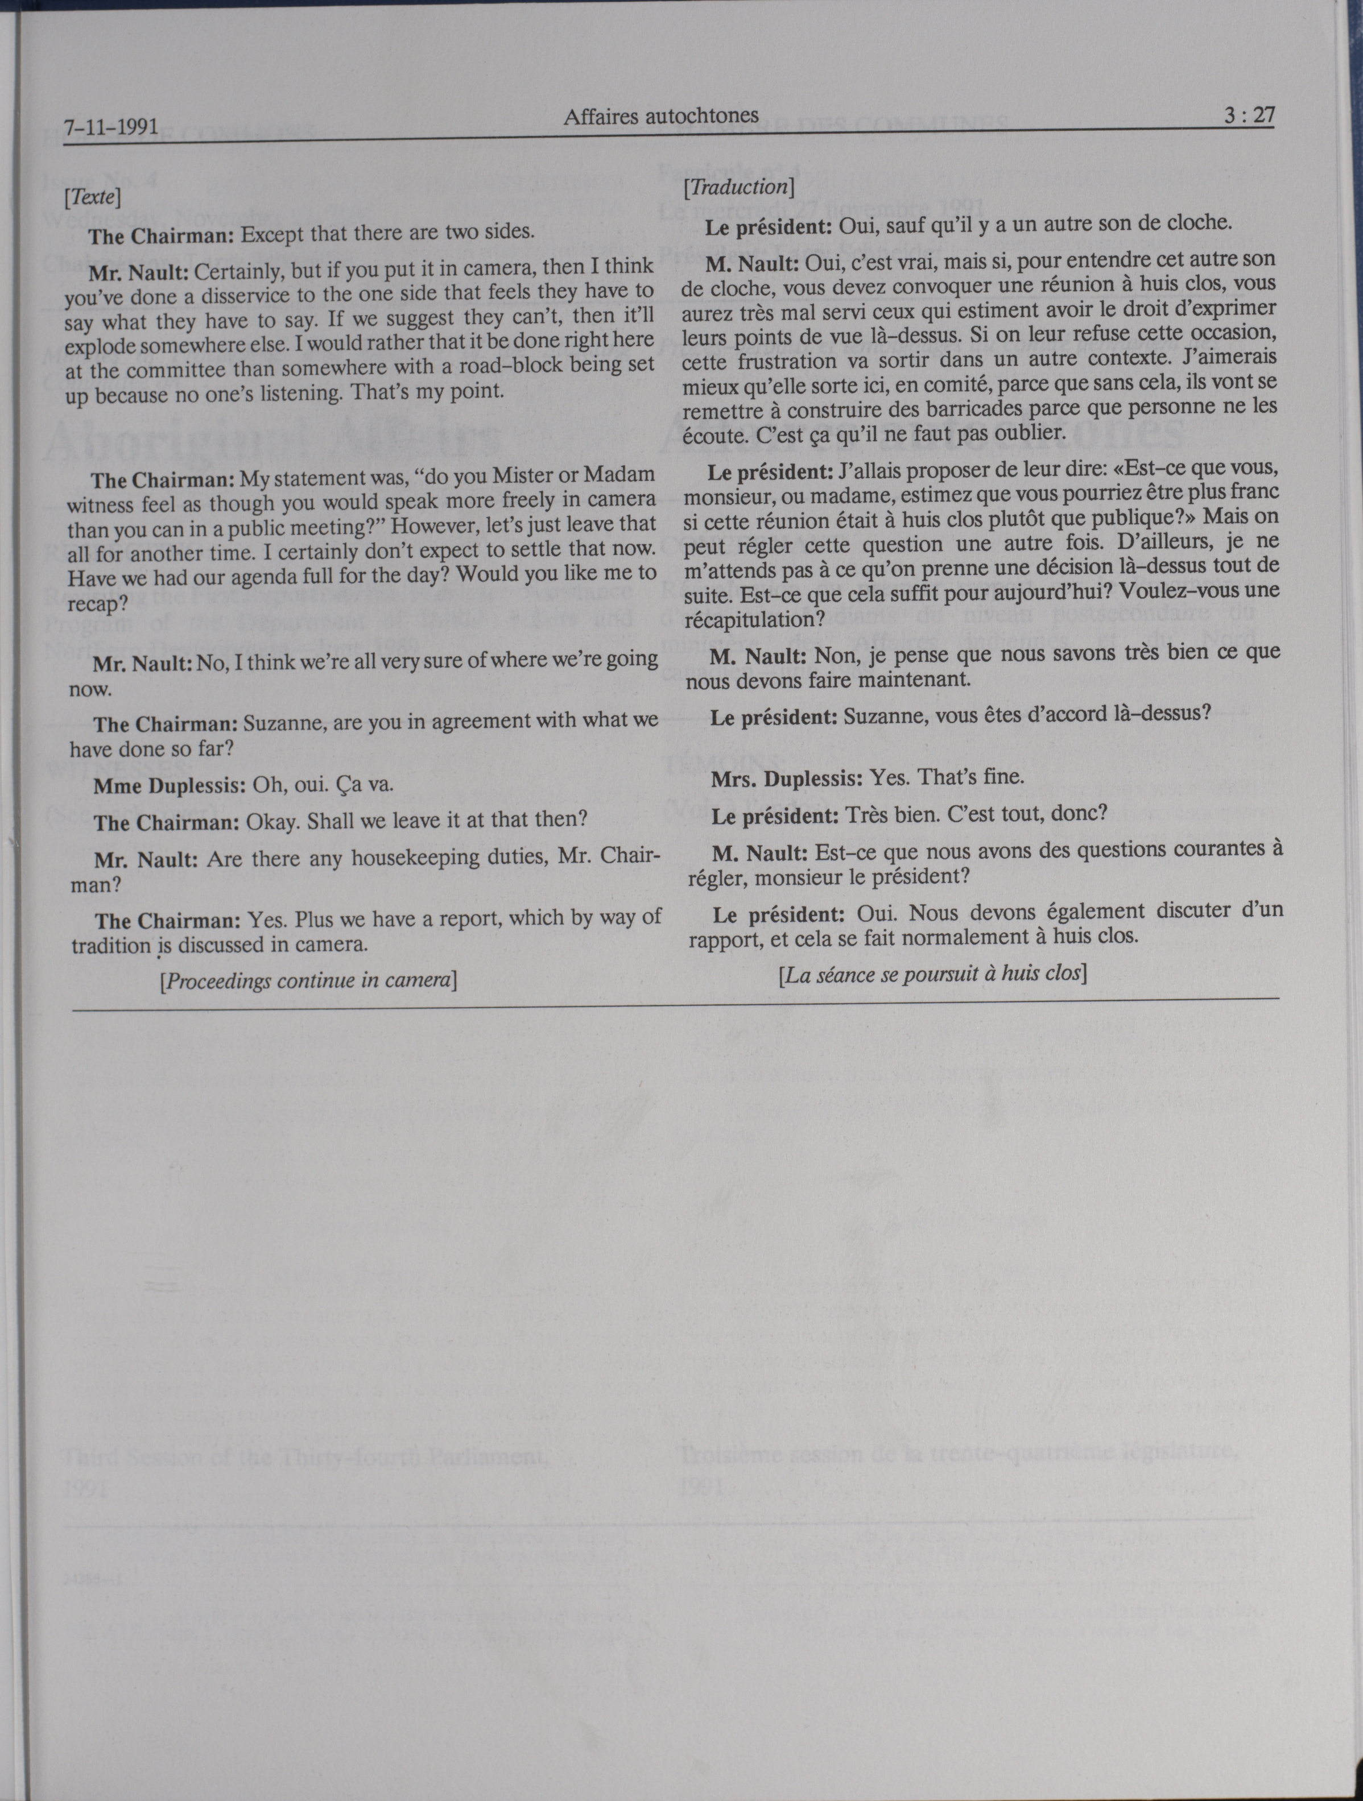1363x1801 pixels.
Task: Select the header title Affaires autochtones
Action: [x=660, y=117]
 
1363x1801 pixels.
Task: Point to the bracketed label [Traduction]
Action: [x=739, y=187]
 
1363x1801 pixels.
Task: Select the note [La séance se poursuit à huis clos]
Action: [x=933, y=974]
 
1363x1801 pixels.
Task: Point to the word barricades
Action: [x=933, y=408]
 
